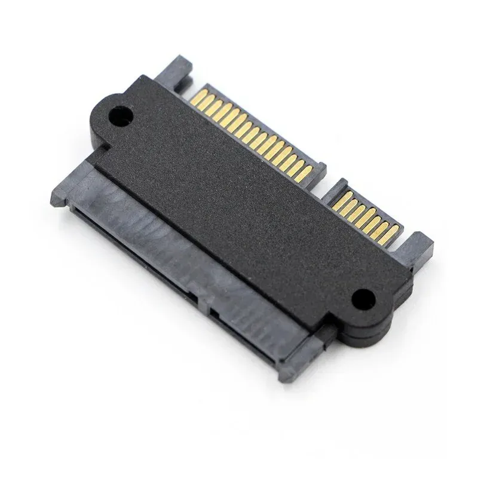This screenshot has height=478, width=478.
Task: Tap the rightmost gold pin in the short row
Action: click(x=388, y=229)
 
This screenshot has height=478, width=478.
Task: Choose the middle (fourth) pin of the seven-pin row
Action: click(x=362, y=211)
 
